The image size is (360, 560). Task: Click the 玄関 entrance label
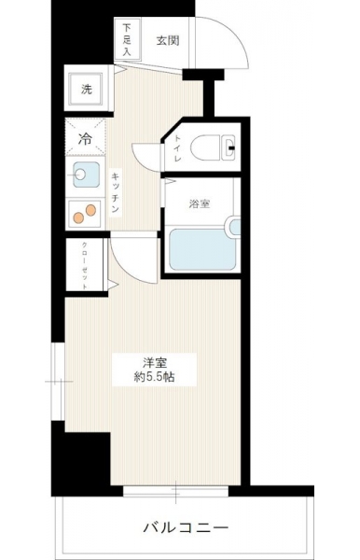point(167,41)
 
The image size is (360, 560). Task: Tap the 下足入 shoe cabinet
point(127,38)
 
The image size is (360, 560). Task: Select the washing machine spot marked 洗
point(86,89)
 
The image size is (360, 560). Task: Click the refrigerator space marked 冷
point(85,137)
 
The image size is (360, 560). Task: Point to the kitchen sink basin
point(86,175)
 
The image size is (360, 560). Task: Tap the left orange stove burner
point(78,217)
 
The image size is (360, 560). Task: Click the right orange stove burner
point(90,210)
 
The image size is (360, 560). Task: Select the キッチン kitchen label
point(115,192)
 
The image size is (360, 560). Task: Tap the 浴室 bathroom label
point(199,203)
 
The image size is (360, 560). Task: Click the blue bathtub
point(202,249)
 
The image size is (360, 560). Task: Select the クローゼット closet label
point(85,265)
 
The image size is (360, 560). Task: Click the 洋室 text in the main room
point(155,363)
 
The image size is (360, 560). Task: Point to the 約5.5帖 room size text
point(154,377)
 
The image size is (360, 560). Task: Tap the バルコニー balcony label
point(186,527)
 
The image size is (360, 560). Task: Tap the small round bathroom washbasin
point(234,227)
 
